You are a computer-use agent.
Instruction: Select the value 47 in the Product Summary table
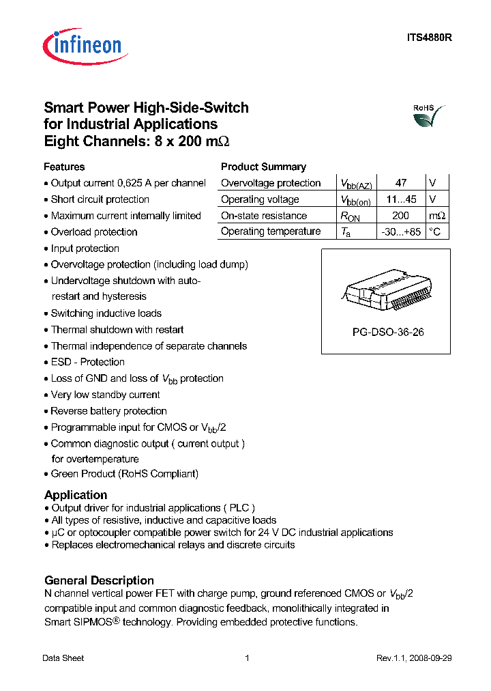(401, 183)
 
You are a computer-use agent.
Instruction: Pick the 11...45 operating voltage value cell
(401, 199)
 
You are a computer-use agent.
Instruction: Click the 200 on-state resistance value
(401, 216)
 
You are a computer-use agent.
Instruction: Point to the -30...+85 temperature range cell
(401, 232)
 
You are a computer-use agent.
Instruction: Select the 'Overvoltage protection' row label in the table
(271, 183)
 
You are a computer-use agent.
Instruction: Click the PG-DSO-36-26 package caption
(386, 333)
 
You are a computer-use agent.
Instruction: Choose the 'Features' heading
(64, 167)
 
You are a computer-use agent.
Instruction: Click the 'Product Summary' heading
(263, 167)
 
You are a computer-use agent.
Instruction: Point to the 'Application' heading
(76, 495)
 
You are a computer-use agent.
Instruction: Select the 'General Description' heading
(99, 580)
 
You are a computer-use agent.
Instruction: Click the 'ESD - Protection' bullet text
(88, 362)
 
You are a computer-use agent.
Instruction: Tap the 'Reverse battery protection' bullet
(109, 411)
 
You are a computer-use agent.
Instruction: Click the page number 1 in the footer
(246, 658)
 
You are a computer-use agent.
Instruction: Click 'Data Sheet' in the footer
(63, 658)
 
